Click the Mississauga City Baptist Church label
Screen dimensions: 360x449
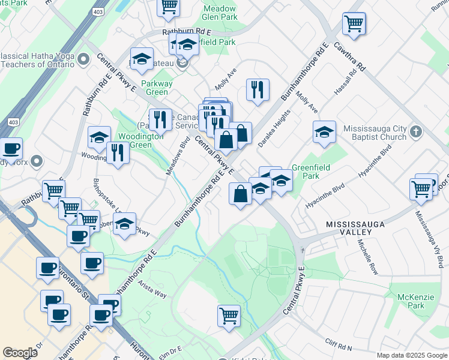(x=375, y=133)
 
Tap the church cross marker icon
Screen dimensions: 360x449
(x=415, y=129)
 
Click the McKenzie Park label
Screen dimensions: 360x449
(x=411, y=301)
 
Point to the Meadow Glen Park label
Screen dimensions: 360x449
(x=220, y=13)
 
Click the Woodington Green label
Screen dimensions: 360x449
(x=141, y=140)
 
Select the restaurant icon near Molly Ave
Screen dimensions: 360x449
(x=258, y=90)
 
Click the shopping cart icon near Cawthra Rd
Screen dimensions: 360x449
(x=354, y=24)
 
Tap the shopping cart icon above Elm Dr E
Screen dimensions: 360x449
(x=229, y=316)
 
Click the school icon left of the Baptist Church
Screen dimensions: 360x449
(x=324, y=132)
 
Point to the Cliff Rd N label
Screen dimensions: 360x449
(x=339, y=346)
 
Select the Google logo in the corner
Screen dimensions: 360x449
(x=20, y=353)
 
